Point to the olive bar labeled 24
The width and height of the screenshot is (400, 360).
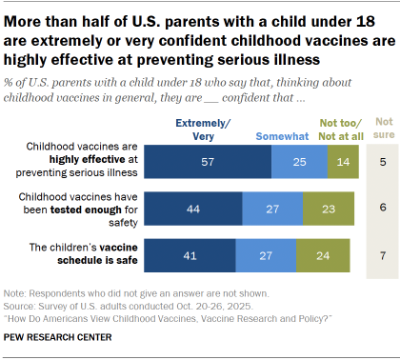[322, 255]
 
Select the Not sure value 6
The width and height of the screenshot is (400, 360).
[382, 208]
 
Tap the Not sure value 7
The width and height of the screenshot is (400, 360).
[382, 255]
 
